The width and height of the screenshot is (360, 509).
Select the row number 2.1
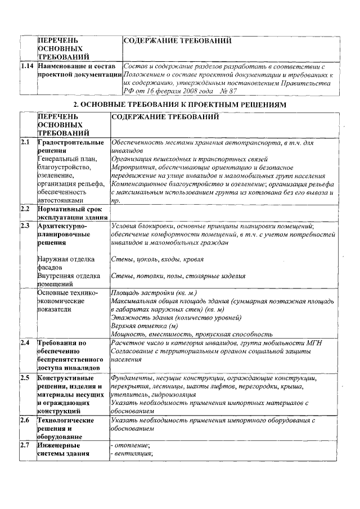tap(25, 143)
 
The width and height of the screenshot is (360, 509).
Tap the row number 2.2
tap(25, 209)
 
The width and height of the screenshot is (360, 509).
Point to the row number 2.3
tap(25, 226)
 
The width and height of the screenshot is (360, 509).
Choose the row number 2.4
tap(25, 343)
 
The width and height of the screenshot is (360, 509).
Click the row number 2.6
tap(25, 420)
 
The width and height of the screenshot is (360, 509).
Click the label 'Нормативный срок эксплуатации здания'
tap(72, 213)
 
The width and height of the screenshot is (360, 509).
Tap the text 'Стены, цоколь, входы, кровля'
tap(157, 259)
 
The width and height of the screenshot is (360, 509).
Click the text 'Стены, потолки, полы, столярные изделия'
tap(178, 276)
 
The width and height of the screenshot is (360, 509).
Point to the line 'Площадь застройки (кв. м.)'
tap(153, 293)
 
